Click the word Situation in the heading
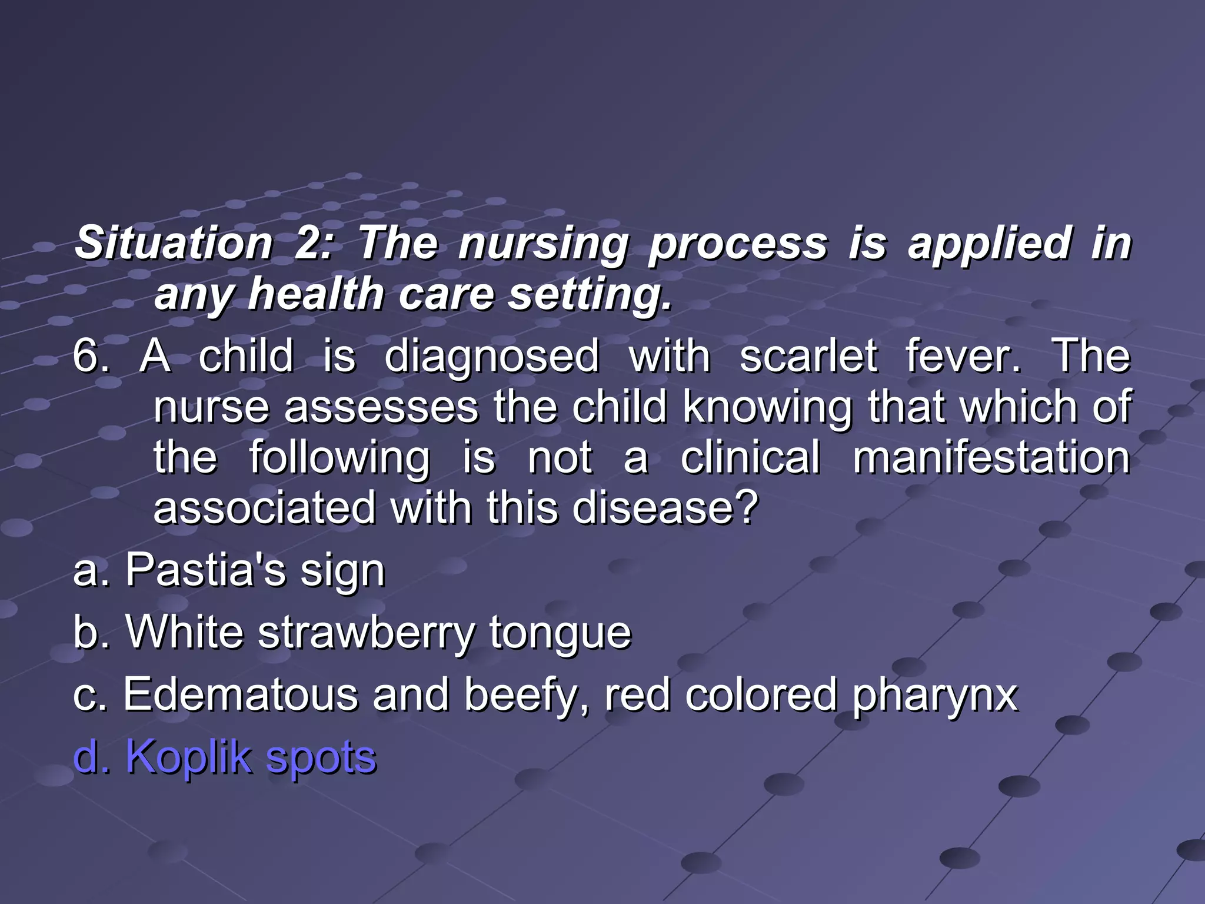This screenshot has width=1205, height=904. [x=174, y=243]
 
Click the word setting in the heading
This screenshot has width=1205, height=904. [x=588, y=294]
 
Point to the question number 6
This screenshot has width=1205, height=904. [x=90, y=356]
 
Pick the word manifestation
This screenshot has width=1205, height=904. [x=991, y=458]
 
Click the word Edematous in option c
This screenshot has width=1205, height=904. [x=241, y=694]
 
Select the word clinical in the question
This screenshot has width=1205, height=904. [x=750, y=458]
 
